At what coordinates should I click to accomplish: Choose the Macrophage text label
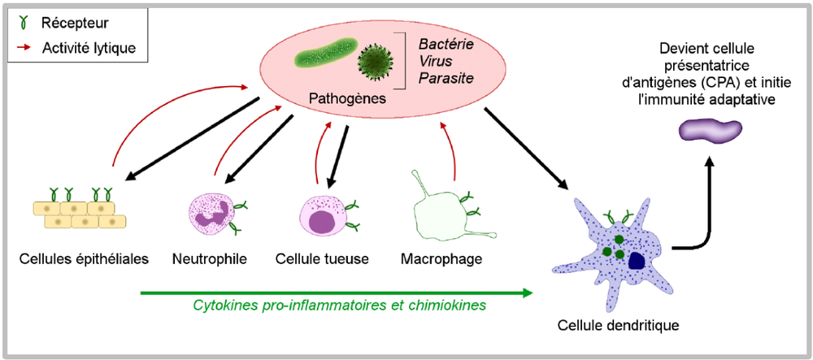(x=442, y=260)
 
